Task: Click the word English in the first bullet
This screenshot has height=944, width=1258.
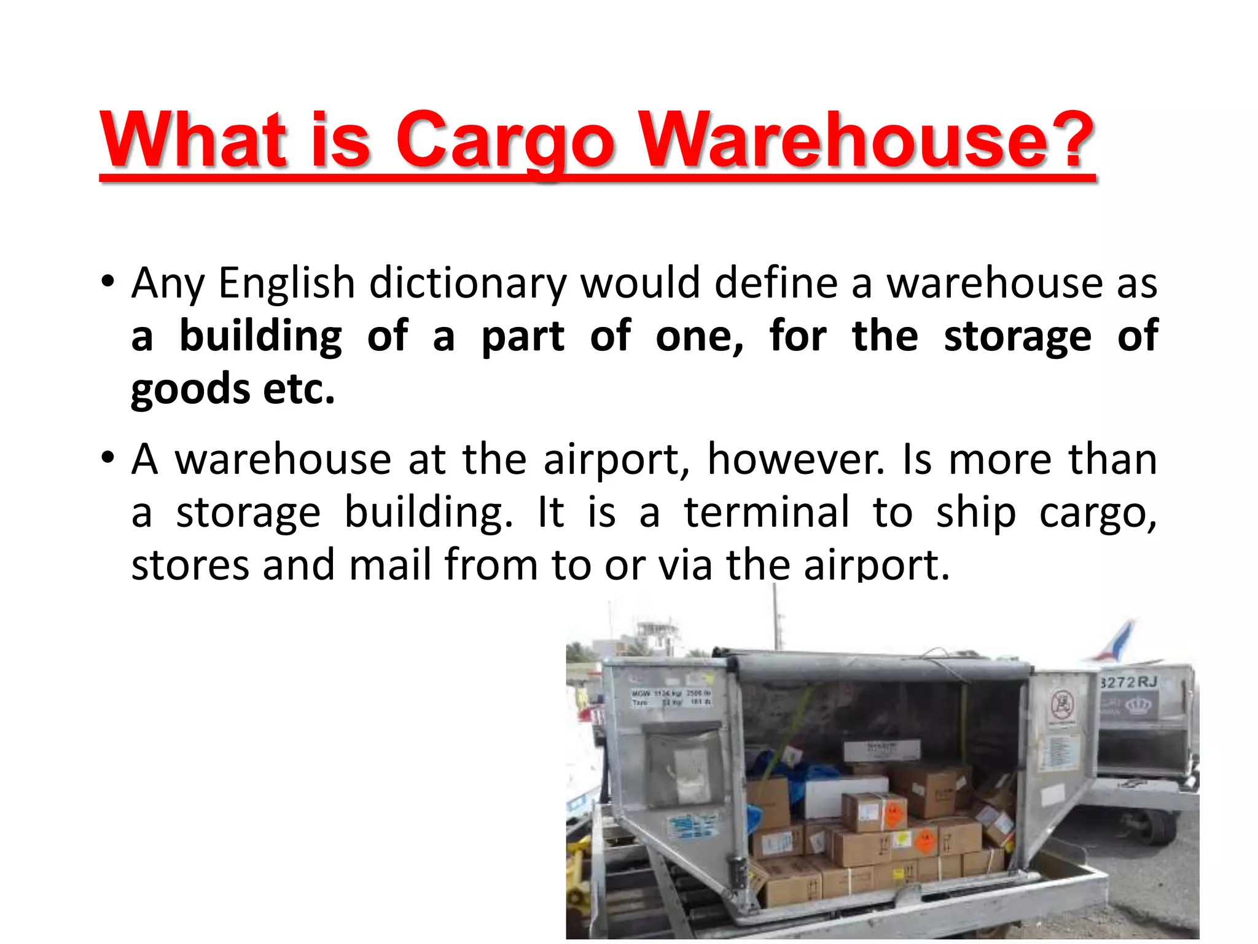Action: pos(287,284)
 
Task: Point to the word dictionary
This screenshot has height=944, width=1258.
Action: pos(467,284)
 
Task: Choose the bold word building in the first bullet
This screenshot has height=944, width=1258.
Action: pos(260,337)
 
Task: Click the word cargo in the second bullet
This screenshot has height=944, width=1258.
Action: pos(1098,513)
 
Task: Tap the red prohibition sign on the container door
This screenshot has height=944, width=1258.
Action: pos(1061,704)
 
